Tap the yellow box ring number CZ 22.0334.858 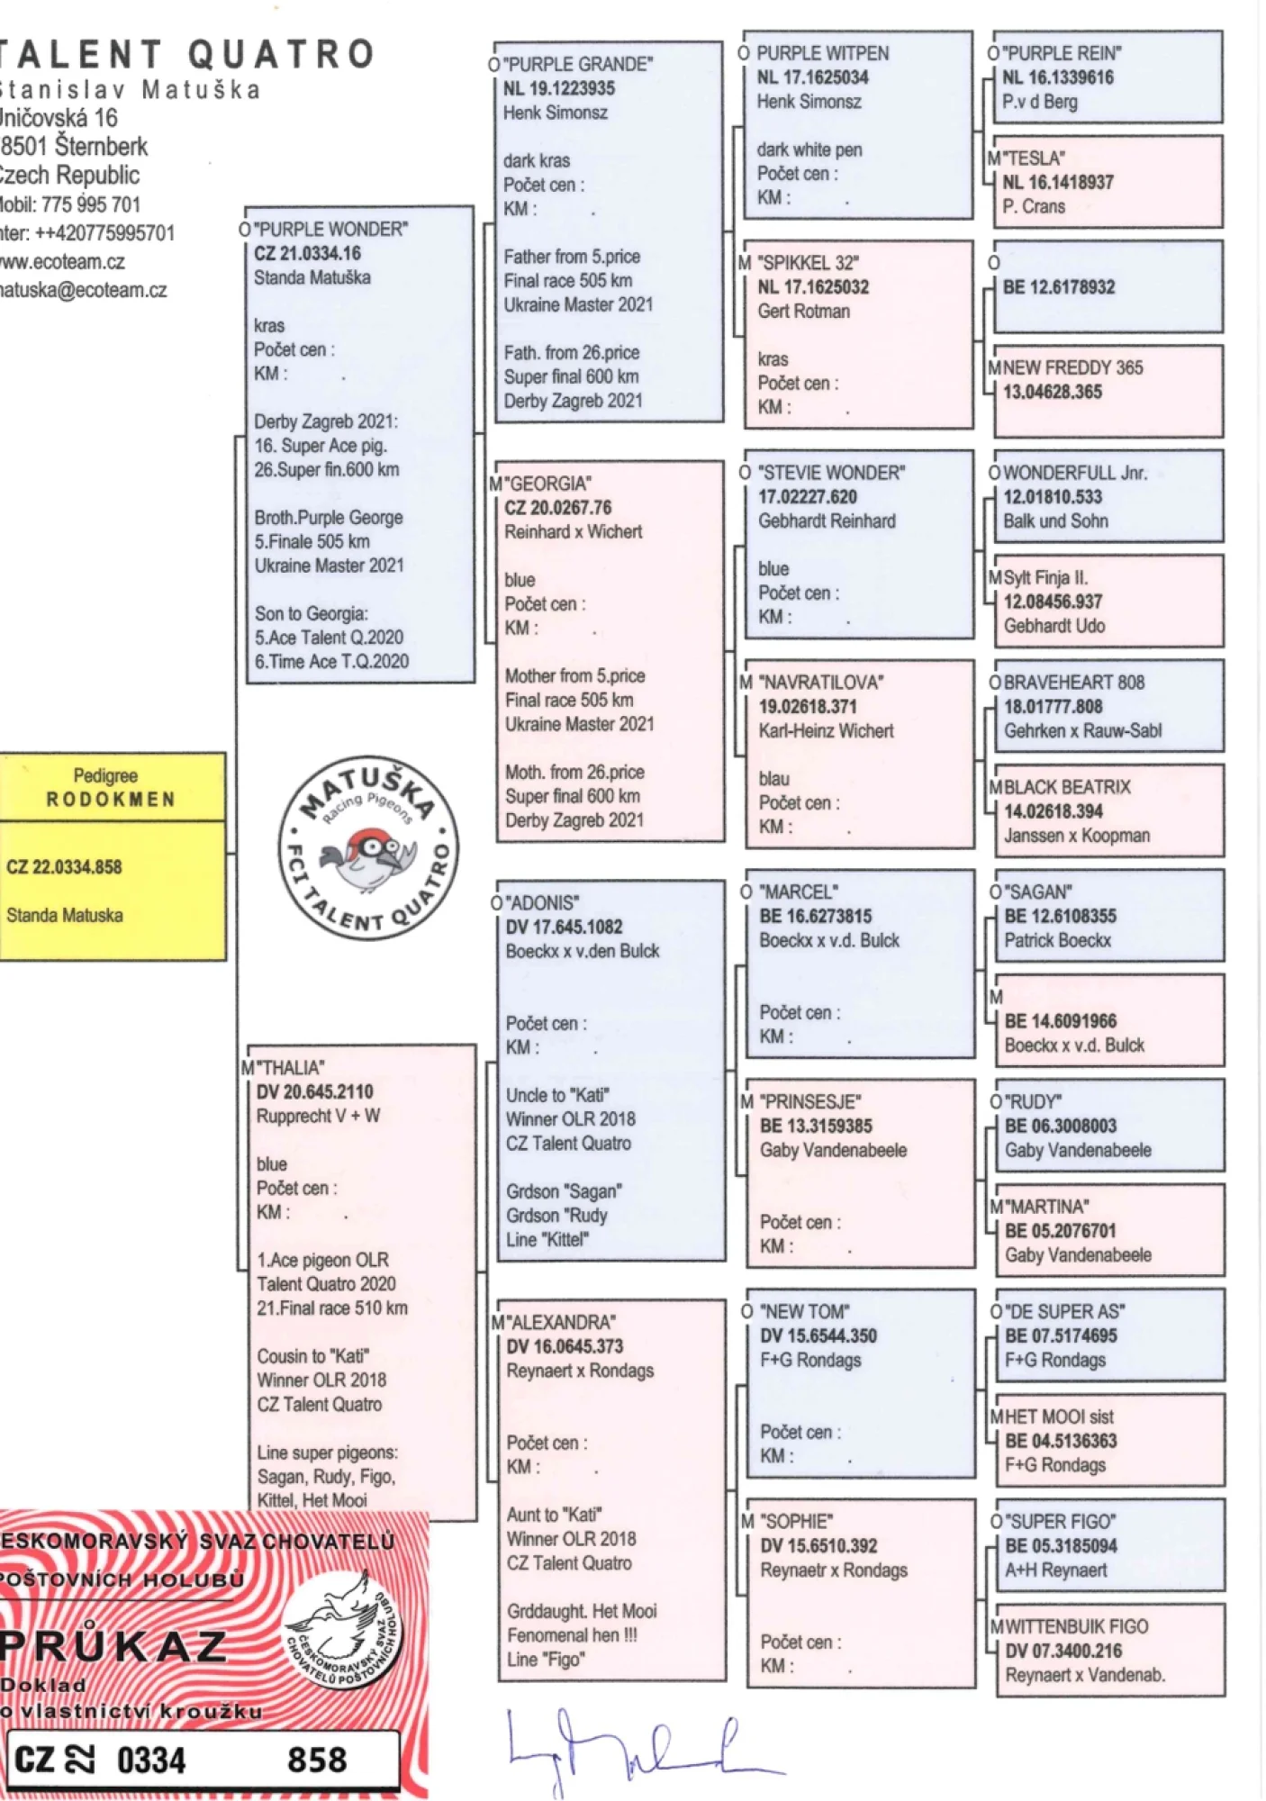[64, 867]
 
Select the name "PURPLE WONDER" [332, 230]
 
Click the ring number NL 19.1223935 [559, 88]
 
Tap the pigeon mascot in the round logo [369, 855]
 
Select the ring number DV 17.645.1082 [564, 927]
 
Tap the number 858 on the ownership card [317, 1760]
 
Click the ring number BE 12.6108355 [1060, 916]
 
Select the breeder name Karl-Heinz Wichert [826, 730]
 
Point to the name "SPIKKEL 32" [809, 263]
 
